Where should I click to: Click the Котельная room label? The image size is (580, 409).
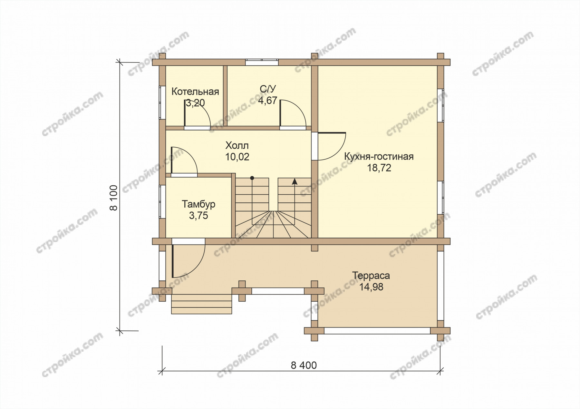tap(195, 92)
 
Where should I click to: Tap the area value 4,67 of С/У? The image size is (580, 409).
tap(267, 101)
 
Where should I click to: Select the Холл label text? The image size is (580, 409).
tap(237, 145)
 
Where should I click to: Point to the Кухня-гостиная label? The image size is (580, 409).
tap(379, 157)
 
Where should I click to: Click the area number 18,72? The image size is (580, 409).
tap(379, 168)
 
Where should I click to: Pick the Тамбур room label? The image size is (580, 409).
tap(198, 204)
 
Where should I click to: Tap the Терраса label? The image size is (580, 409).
tap(371, 276)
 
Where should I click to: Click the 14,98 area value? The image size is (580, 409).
tap(371, 287)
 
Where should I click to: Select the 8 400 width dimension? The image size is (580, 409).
tap(304, 365)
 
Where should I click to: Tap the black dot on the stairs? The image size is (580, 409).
tap(252, 178)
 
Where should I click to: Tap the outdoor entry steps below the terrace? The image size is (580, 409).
tap(202, 304)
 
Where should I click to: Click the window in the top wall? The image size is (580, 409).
tap(262, 62)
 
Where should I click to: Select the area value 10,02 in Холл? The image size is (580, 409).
tap(237, 157)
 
